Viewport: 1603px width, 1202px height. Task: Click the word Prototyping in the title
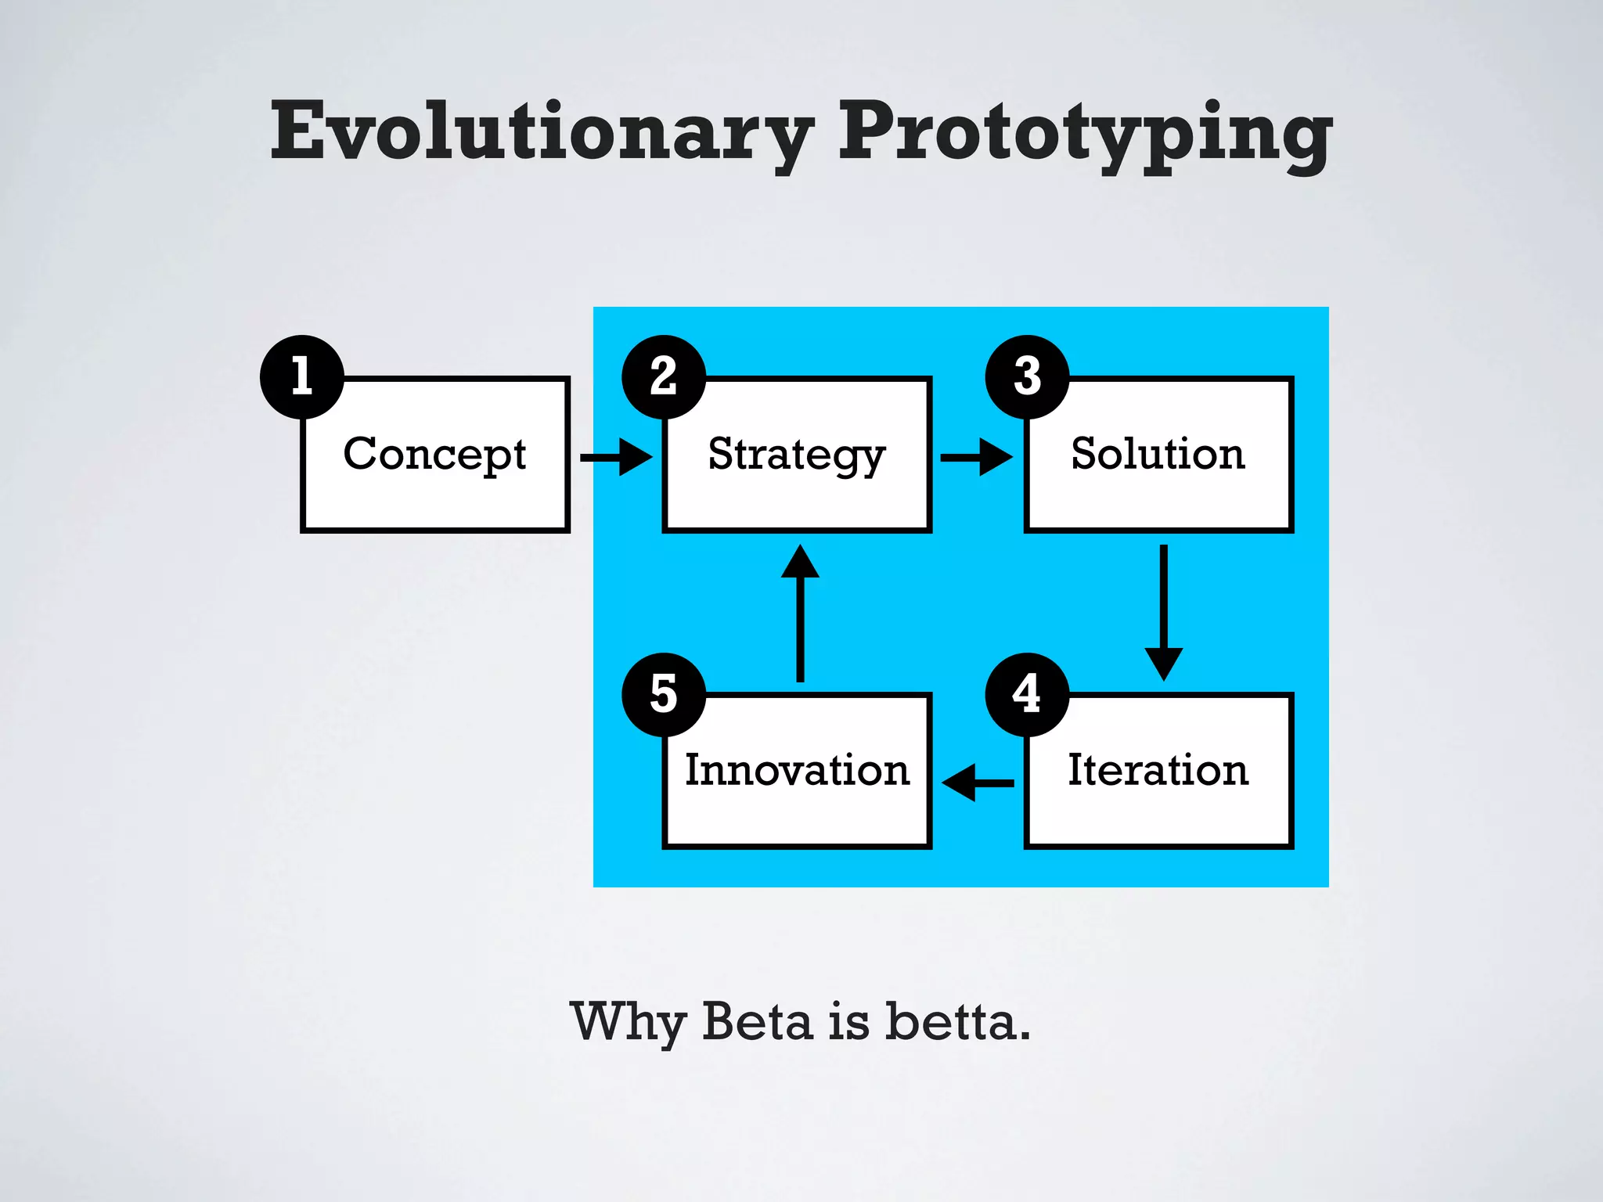(x=1084, y=133)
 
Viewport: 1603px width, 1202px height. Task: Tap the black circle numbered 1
(x=302, y=376)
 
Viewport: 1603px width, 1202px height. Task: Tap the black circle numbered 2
(x=664, y=376)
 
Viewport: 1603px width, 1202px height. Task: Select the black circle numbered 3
(x=1027, y=376)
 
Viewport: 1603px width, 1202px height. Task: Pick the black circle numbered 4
(x=1027, y=694)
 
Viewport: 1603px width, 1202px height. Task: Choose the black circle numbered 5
(x=664, y=694)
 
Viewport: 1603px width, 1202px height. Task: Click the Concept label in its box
(x=434, y=455)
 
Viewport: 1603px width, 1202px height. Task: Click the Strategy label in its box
(x=796, y=455)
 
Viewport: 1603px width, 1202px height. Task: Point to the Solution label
(x=1158, y=454)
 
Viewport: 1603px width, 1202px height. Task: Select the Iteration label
(x=1158, y=770)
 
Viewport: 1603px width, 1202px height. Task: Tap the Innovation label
(x=797, y=770)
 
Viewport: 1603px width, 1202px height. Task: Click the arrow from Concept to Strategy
(x=616, y=457)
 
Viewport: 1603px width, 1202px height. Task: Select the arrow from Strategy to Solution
(x=976, y=457)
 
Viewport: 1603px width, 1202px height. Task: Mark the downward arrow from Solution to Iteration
(x=1164, y=612)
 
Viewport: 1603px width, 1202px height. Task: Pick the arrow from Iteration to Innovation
(x=978, y=783)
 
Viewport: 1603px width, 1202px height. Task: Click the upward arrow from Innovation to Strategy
(x=800, y=614)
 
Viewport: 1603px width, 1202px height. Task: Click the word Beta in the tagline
(x=757, y=1021)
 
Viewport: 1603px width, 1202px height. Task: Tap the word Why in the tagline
(x=629, y=1023)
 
